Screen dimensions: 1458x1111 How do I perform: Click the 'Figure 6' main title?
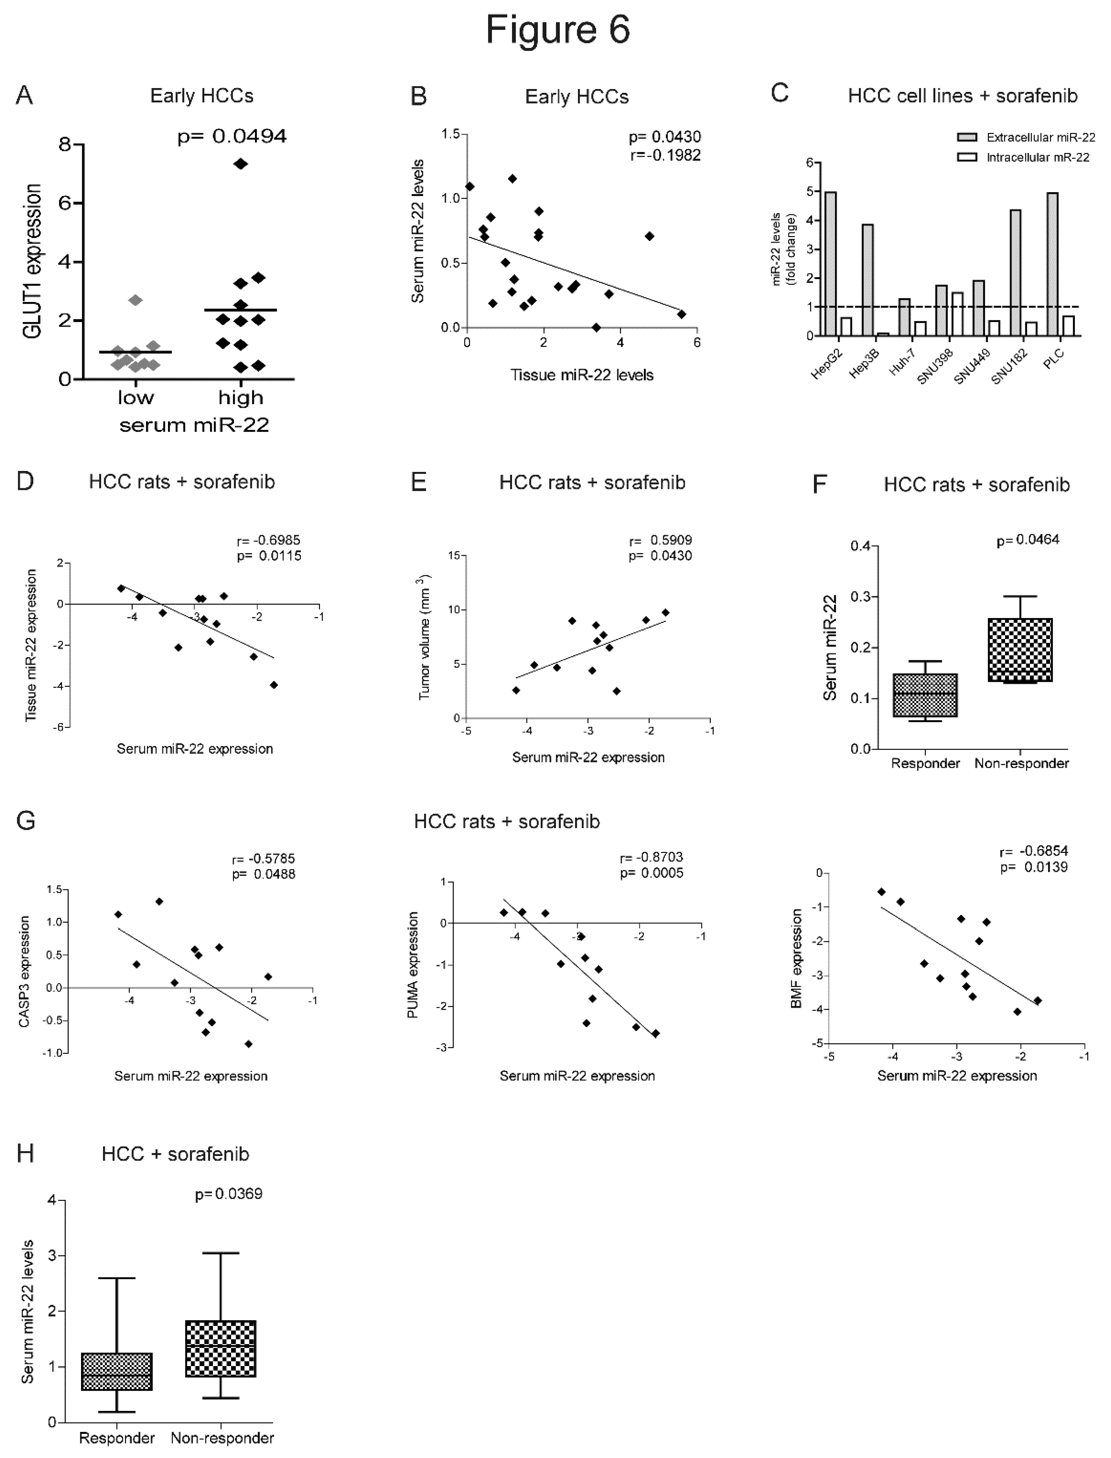[558, 30]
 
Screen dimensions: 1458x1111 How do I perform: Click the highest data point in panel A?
[241, 164]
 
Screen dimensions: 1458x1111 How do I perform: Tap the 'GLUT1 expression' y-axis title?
[32, 261]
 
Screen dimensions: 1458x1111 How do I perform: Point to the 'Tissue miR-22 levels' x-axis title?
[581, 375]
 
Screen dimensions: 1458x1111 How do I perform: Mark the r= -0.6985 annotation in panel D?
[269, 540]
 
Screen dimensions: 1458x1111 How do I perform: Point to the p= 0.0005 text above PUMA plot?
[651, 873]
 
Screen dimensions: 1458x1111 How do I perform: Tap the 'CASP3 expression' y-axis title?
[25, 971]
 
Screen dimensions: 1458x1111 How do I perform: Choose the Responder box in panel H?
[116, 1371]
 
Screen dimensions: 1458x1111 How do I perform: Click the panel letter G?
[26, 821]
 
